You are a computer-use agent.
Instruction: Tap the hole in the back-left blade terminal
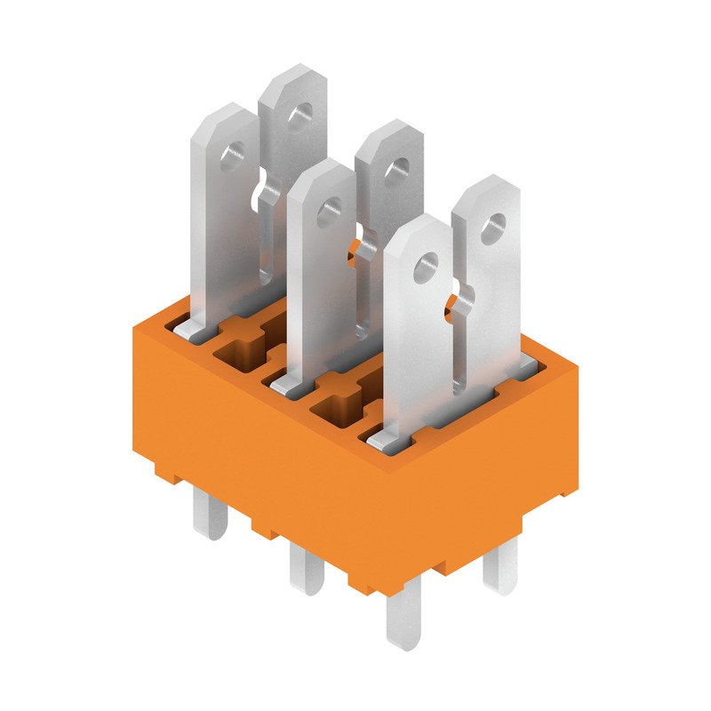(302, 113)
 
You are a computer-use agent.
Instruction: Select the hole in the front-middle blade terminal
(330, 211)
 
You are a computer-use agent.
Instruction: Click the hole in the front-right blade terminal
(427, 264)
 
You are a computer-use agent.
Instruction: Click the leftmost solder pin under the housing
(211, 515)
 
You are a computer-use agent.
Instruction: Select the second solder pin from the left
(307, 569)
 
